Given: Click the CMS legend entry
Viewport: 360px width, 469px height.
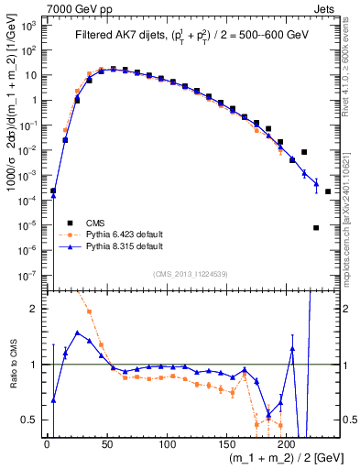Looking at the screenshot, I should (x=94, y=223).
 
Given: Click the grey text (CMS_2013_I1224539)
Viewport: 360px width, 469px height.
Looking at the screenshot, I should (x=191, y=272).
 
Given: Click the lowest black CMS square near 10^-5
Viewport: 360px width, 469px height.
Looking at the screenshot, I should (x=316, y=227).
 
